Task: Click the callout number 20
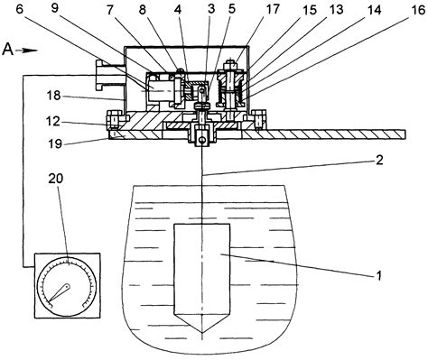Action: [56, 179]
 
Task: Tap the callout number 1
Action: [379, 275]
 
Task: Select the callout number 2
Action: [380, 160]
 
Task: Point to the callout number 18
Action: [54, 96]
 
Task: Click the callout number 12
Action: [54, 122]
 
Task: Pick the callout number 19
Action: [55, 143]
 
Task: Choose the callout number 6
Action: [20, 9]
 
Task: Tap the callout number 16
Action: [418, 10]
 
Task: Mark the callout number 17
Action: [273, 9]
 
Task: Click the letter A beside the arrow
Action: [8, 50]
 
